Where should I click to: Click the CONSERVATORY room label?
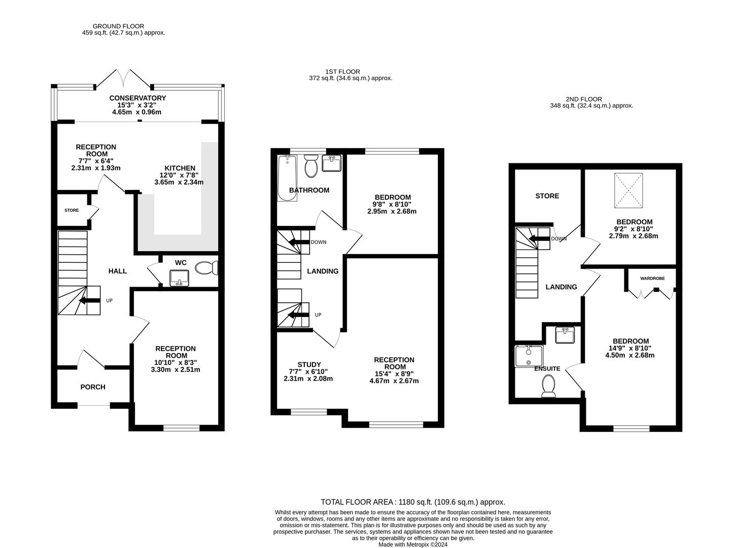[x=137, y=98]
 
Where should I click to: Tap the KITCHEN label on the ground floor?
[x=180, y=168]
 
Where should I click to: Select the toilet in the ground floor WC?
[x=206, y=267]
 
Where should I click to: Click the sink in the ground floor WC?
[x=179, y=278]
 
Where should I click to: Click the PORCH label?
[x=93, y=387]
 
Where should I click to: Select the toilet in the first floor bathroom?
[x=310, y=166]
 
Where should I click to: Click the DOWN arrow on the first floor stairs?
[x=299, y=242]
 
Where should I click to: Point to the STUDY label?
[x=309, y=364]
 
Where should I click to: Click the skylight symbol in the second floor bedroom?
[x=628, y=190]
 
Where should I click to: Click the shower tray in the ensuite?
[x=529, y=356]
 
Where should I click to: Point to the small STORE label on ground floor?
[x=72, y=210]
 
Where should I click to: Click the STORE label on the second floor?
[x=547, y=196]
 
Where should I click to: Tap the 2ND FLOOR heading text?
[x=584, y=99]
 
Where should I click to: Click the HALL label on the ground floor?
[x=118, y=271]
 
